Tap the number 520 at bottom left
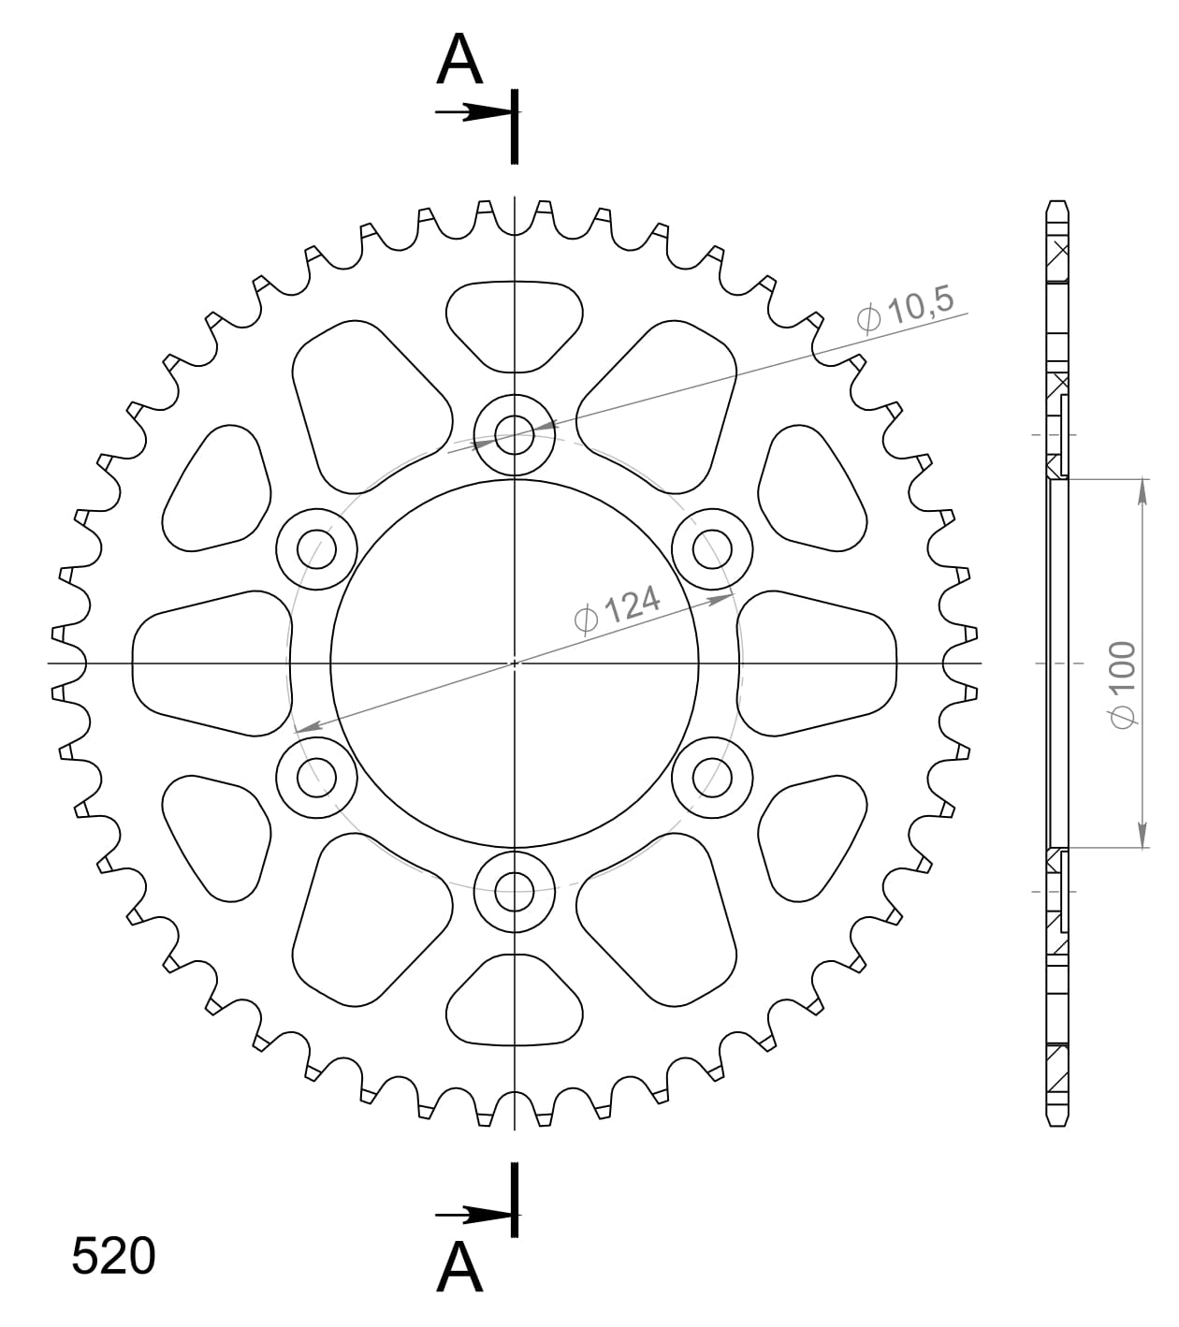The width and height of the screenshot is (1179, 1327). click(x=113, y=1256)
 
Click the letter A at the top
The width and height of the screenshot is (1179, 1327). click(x=459, y=62)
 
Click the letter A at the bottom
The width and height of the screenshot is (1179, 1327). click(x=459, y=1268)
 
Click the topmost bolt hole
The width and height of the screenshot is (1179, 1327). click(x=514, y=434)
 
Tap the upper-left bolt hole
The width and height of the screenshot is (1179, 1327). click(x=317, y=549)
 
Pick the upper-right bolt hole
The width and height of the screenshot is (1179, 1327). click(x=712, y=549)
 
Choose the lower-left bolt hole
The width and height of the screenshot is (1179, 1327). click(x=317, y=776)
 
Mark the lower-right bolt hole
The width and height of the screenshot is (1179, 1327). click(x=712, y=776)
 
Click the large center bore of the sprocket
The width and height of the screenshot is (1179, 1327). click(x=515, y=663)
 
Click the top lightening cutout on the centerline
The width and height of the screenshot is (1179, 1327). click(x=514, y=323)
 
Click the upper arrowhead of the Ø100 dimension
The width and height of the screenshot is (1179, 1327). click(x=1143, y=491)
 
